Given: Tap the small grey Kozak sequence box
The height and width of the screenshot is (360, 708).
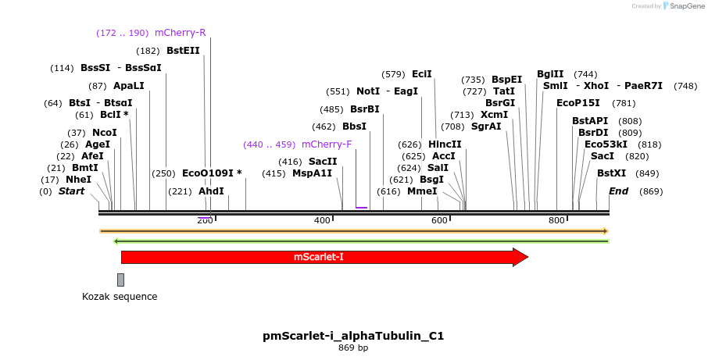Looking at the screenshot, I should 120,280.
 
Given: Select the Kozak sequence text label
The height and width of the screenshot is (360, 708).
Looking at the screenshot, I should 120,297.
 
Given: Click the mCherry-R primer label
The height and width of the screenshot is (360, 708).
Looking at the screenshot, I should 181,33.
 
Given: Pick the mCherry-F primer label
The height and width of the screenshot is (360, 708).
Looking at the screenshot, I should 327,144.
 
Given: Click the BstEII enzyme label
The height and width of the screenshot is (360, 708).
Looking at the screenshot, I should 183,51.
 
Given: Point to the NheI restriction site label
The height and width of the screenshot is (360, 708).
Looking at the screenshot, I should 78,180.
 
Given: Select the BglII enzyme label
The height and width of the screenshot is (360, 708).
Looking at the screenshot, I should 550,74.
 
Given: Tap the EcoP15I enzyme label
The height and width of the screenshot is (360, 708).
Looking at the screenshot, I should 578,103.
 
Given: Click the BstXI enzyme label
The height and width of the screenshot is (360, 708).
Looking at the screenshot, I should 611,173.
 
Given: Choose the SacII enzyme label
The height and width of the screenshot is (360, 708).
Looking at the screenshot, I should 322,162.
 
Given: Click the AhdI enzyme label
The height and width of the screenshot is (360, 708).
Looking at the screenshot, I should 211,191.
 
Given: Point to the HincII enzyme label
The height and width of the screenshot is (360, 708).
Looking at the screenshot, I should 445,144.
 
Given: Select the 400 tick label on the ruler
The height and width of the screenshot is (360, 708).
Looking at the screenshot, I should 322,222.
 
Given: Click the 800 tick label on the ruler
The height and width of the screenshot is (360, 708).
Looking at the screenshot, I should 556,222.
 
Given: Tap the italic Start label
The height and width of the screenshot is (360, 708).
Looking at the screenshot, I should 72,191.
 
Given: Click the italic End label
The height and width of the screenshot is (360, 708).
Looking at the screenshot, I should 618,191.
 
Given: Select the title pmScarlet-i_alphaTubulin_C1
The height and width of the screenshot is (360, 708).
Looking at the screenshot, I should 353,336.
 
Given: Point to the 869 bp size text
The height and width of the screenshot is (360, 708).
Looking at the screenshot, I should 353,348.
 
